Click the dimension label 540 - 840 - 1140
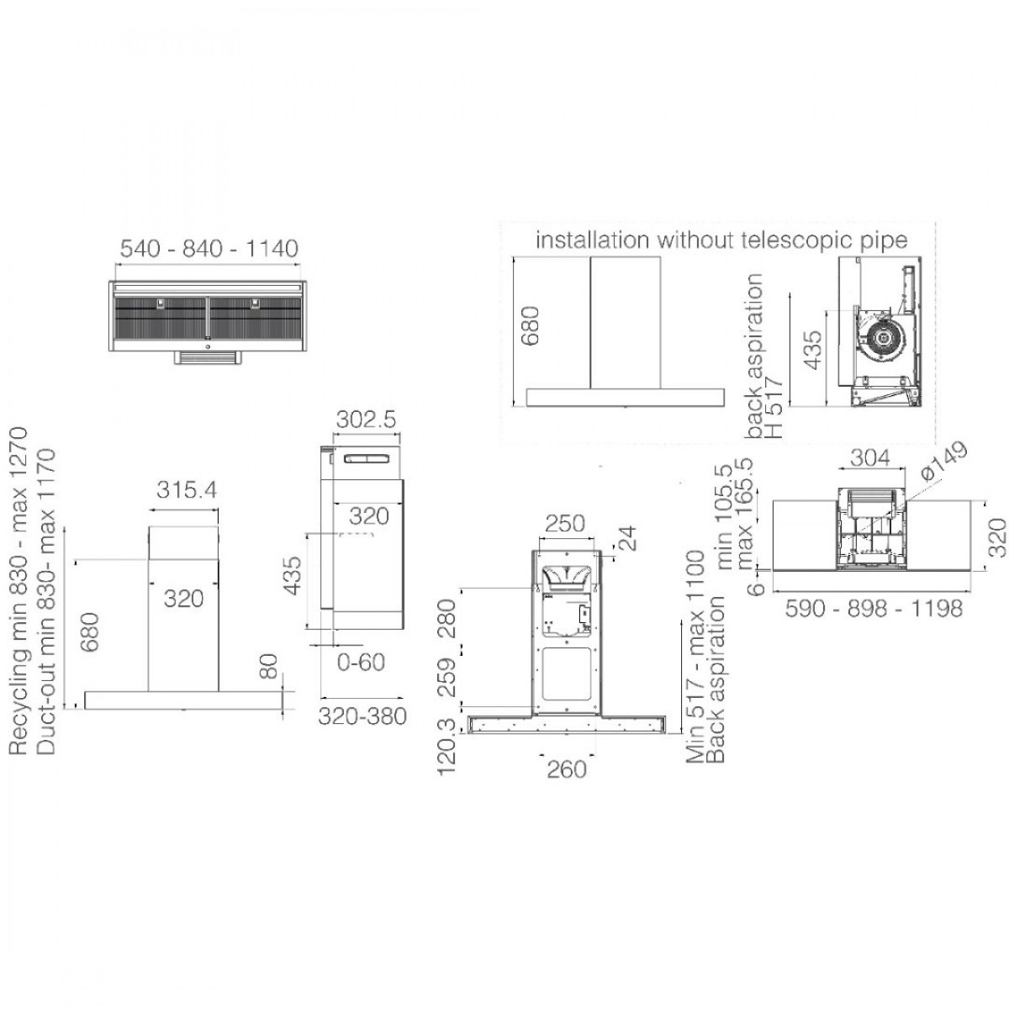point(209,248)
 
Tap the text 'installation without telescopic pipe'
point(721,240)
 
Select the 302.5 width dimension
point(366,420)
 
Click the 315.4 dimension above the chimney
point(187,489)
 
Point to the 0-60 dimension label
point(361,663)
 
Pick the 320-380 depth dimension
point(362,716)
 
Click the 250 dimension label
point(565,523)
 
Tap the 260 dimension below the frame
point(567,769)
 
